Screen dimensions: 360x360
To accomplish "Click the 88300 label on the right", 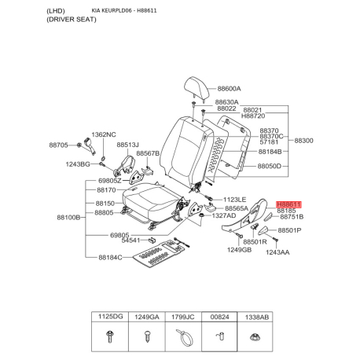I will pos(303,140).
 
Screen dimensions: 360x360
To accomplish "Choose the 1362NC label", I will pos(104,134).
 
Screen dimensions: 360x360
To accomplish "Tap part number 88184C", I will pos(110,257).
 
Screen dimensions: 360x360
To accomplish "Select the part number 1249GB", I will pos(239,249).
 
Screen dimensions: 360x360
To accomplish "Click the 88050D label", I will pos(274,167).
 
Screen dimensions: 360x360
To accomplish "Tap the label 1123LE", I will pos(235,200).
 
